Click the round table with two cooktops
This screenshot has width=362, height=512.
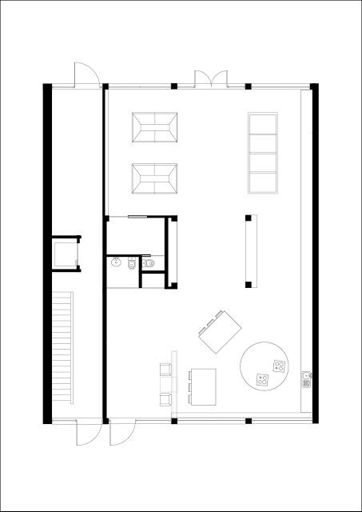click(x=265, y=367)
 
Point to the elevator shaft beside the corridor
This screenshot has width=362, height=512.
click(x=65, y=254)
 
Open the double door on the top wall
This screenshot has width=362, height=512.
click(x=210, y=78)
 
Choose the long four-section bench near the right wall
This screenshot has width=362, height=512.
click(x=263, y=153)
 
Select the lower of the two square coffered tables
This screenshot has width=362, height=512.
click(x=155, y=178)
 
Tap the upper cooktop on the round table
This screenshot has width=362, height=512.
click(x=278, y=367)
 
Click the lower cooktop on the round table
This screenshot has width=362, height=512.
click(x=261, y=380)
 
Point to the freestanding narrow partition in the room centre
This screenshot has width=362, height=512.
click(x=249, y=250)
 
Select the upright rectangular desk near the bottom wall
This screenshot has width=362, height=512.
click(x=204, y=386)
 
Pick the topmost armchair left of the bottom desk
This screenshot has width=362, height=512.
click(x=165, y=370)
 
